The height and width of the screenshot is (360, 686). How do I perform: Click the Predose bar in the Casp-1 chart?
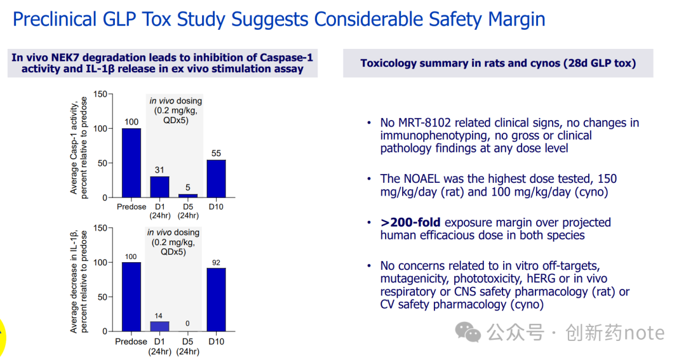(131, 163)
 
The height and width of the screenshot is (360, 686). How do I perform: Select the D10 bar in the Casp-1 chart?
(216, 178)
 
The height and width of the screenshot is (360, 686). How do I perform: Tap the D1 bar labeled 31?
(159, 187)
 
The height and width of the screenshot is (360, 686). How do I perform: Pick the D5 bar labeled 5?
(187, 196)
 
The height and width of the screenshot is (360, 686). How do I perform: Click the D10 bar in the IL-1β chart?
(216, 299)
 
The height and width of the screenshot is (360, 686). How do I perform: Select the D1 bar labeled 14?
(159, 326)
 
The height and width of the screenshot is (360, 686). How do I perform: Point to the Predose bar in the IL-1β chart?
(131, 297)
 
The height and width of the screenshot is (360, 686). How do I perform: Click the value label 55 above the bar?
(216, 154)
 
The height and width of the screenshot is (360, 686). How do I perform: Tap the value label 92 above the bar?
(216, 262)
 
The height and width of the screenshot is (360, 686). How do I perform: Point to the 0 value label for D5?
(187, 324)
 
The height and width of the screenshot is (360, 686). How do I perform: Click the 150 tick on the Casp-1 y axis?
(100, 94)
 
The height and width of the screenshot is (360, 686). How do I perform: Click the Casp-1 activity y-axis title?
(79, 146)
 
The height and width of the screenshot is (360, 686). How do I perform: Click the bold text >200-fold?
(411, 222)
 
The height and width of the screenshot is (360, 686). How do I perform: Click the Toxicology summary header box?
(498, 63)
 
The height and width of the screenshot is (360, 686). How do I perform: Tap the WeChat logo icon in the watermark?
(470, 331)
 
